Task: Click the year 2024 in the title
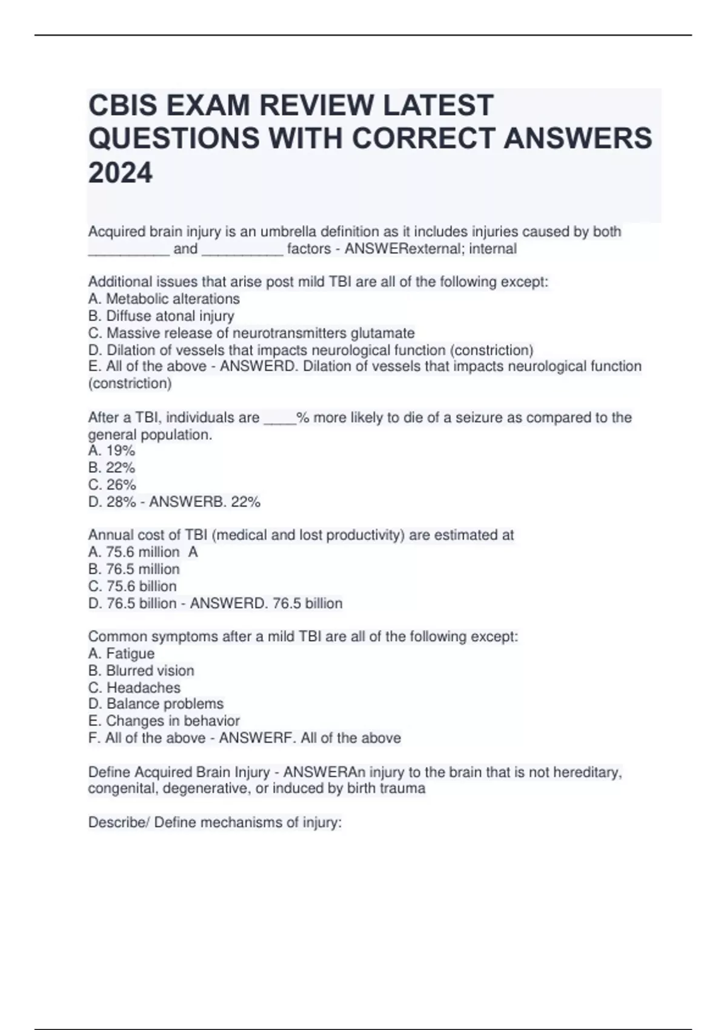point(121,173)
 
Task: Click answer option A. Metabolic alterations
point(164,299)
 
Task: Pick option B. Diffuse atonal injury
point(161,316)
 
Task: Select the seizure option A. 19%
point(111,451)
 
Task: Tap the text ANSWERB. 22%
point(205,502)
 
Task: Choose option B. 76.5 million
point(134,569)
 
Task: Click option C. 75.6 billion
point(132,586)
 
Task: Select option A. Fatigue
point(121,653)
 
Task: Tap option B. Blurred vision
point(141,671)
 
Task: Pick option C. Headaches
point(134,688)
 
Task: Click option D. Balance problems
point(156,704)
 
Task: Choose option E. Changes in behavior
point(164,721)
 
